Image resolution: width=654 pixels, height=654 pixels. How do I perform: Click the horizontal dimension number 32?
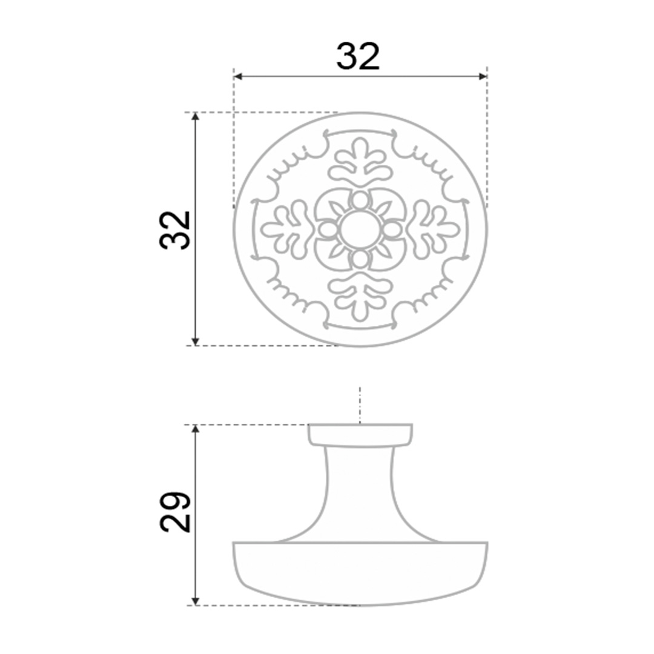point(358,56)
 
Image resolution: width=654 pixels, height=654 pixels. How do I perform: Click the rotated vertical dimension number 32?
point(175,230)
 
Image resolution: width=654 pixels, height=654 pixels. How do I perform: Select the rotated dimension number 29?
point(175,512)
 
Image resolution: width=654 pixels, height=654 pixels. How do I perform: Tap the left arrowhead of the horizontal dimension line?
point(238,76)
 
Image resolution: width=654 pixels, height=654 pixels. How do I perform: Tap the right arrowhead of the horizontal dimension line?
point(483,76)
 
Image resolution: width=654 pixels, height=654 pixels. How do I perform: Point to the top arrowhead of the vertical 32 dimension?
point(195,117)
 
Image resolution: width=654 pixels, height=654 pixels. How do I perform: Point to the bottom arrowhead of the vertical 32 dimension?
point(195,341)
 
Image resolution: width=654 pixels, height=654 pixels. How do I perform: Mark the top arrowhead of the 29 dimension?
point(195,429)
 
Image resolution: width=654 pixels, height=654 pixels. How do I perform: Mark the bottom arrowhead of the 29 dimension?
point(195,601)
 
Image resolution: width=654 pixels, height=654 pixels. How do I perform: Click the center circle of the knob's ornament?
point(360,229)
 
